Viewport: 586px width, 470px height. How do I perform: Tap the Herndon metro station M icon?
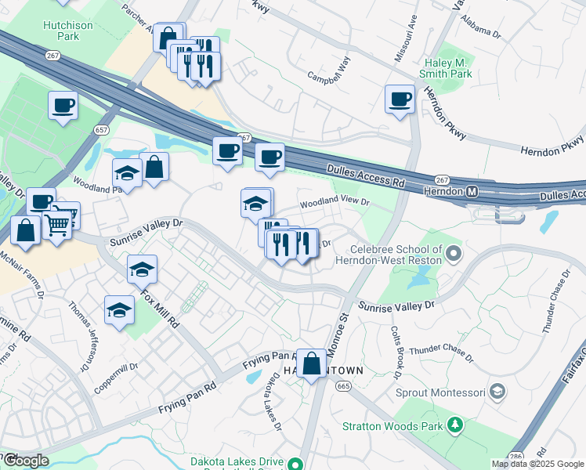[472, 192]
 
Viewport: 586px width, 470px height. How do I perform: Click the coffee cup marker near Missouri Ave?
[400, 99]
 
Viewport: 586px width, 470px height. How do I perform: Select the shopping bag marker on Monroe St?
[312, 363]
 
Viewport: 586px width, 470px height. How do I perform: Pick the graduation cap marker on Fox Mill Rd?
[142, 270]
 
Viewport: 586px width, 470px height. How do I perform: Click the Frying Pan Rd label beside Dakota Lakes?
[267, 359]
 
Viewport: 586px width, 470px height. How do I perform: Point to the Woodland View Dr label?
[335, 201]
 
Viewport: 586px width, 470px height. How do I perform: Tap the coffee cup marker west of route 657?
[63, 105]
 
